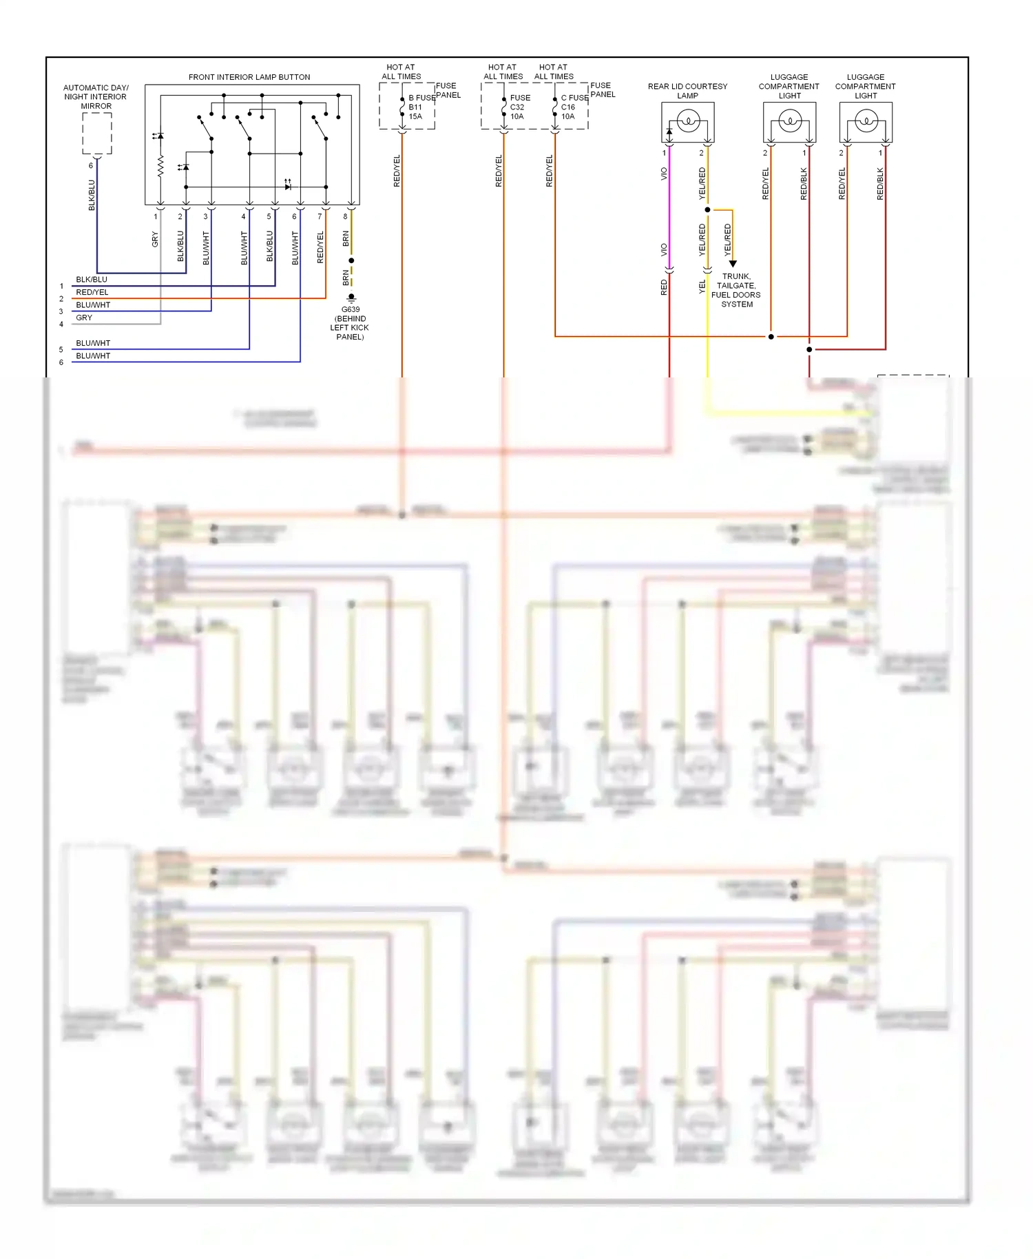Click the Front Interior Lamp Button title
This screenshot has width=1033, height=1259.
pos(249,77)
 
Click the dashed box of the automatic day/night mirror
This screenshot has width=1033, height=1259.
pos(97,133)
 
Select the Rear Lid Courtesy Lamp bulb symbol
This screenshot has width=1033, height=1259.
pos(688,123)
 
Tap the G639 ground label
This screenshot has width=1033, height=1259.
pos(351,310)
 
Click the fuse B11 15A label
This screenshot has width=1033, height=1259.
pos(415,107)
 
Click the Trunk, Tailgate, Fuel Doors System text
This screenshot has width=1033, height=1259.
pos(736,290)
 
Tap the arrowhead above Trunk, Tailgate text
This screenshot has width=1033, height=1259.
pos(733,264)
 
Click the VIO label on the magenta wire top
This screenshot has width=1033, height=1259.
pos(664,174)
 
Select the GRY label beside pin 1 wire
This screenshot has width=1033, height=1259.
pos(155,240)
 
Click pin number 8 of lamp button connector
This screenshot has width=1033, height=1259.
pos(345,216)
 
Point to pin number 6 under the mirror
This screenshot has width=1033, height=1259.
pos(90,165)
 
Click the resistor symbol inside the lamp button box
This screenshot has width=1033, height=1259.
pos(160,166)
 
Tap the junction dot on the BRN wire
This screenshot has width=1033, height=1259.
pos(351,260)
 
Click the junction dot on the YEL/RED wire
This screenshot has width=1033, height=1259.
pos(707,209)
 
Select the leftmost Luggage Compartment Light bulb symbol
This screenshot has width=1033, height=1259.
pos(790,123)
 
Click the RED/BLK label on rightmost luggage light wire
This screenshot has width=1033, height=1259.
pos(879,184)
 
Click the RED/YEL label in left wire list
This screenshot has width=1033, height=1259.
pos(92,292)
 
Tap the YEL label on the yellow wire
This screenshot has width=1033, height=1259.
pos(702,287)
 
